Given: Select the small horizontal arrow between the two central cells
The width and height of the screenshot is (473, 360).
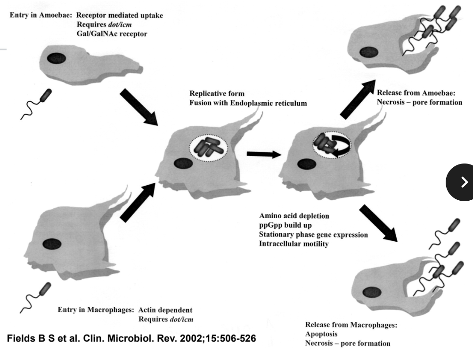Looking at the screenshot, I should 261,154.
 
